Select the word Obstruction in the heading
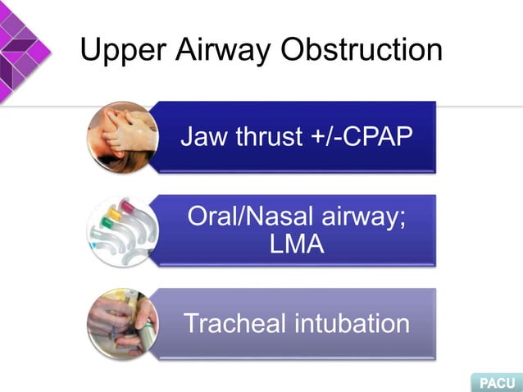point(361,51)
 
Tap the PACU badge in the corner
point(497,382)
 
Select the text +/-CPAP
point(364,136)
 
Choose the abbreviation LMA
point(297,245)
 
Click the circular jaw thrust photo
point(123,136)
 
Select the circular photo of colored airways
point(123,230)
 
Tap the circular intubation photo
point(123,323)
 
